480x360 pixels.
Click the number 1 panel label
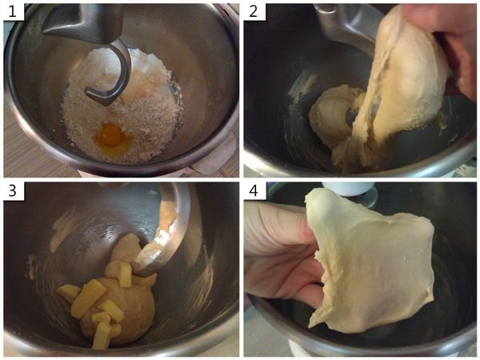pos(12,12)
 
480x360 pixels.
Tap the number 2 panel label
pos(253,12)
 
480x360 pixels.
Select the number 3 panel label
pos(12,190)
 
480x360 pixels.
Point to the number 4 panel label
pos(253,190)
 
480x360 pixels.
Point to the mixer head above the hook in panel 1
pos(82,22)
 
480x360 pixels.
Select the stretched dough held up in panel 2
pos(398,86)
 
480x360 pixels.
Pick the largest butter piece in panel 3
pos(86,298)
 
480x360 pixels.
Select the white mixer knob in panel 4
pos(349,188)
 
